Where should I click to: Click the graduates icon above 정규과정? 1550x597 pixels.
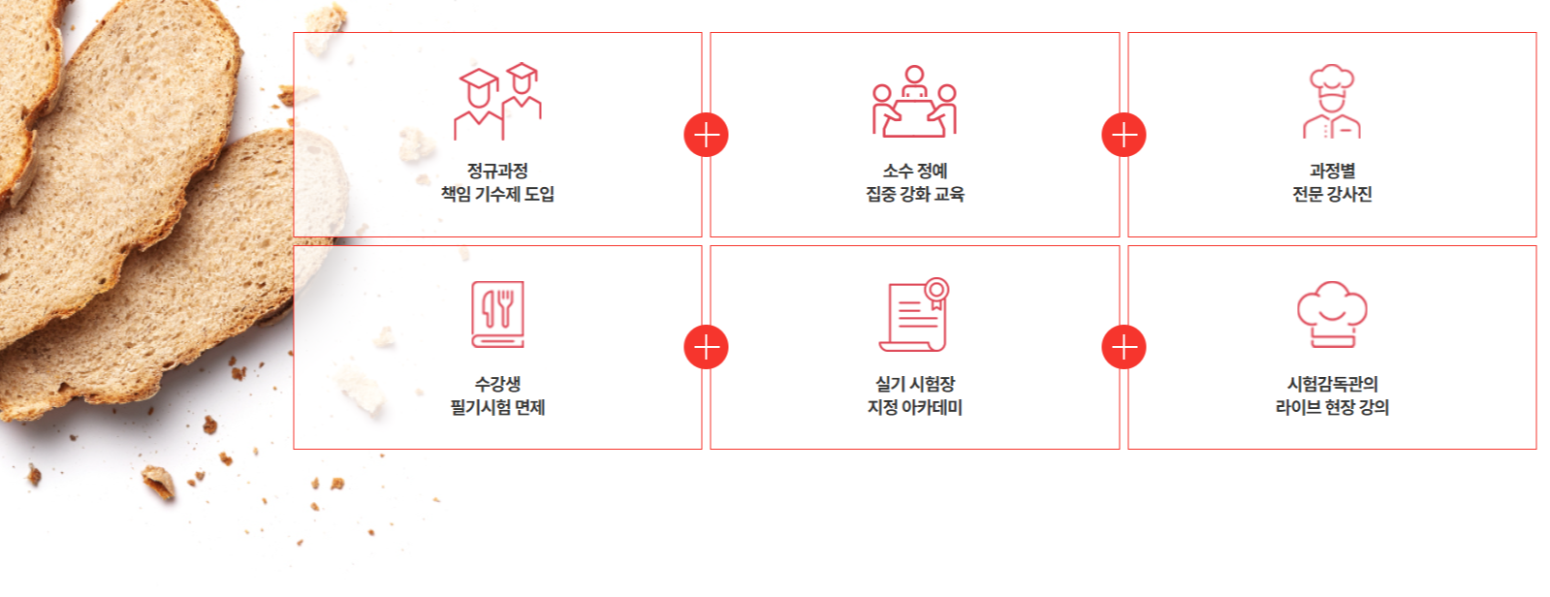click(x=497, y=102)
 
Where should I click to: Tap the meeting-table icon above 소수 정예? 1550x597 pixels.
click(x=914, y=102)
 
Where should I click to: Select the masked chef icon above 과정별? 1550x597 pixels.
click(x=1332, y=102)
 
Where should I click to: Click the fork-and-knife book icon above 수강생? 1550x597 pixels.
click(x=497, y=314)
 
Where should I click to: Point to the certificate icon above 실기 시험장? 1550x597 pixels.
click(x=914, y=314)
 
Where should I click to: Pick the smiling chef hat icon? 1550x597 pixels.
click(x=1332, y=314)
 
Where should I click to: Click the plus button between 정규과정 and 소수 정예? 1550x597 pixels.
click(x=706, y=135)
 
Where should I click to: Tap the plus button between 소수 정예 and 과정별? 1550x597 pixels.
click(x=1123, y=135)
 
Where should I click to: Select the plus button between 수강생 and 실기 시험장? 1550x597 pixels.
click(x=706, y=347)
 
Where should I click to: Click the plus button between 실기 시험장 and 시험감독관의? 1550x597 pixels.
click(x=1123, y=347)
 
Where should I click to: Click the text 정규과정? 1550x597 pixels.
click(x=497, y=171)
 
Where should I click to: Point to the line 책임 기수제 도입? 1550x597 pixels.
click(x=497, y=194)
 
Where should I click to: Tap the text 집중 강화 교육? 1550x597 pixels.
click(x=914, y=194)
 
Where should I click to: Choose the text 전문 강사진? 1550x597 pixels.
click(x=1332, y=194)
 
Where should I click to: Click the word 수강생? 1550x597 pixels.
click(x=497, y=384)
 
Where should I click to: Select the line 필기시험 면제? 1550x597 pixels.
click(x=497, y=407)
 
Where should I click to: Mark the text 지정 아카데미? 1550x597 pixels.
click(x=914, y=407)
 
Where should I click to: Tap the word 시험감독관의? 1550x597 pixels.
click(x=1332, y=384)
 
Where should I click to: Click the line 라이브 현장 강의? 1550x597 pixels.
click(x=1332, y=407)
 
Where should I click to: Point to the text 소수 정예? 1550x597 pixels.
click(x=914, y=171)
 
